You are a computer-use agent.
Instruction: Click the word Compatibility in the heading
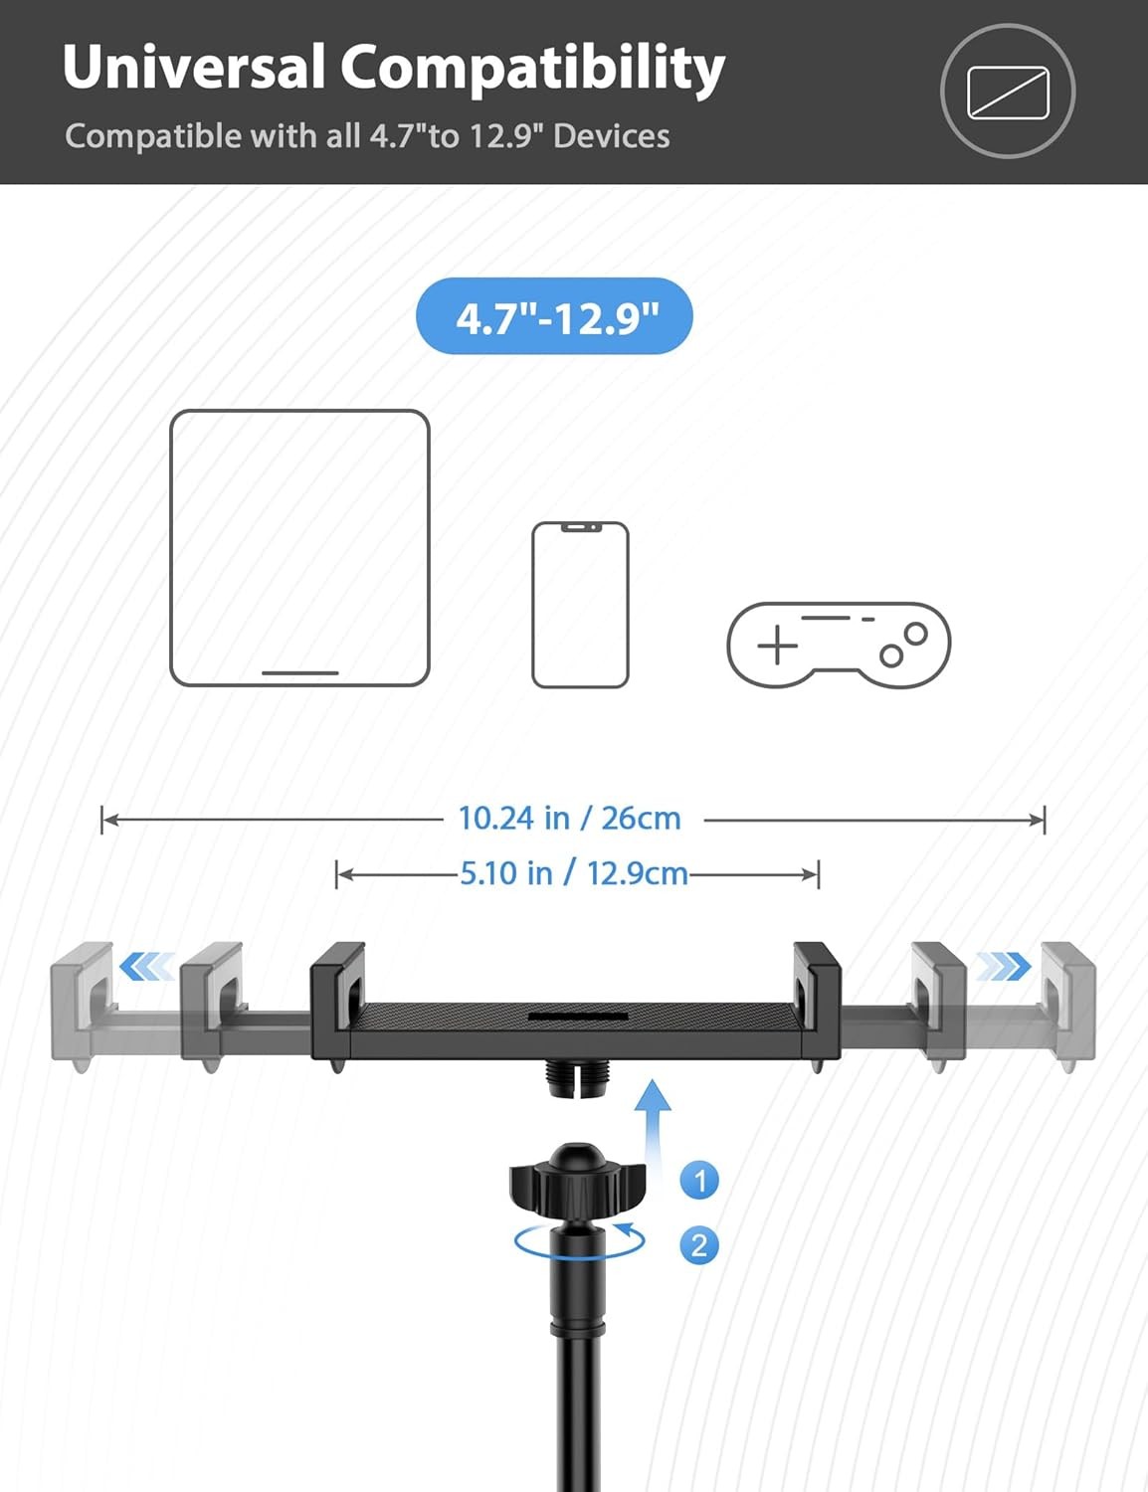coord(533,70)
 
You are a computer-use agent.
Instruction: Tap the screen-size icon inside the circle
coord(1008,93)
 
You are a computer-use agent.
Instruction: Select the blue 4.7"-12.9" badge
coord(555,316)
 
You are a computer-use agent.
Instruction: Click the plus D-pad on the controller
coord(777,646)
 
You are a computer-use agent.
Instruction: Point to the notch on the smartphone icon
coord(581,527)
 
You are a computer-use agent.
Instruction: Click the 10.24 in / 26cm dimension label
coord(569,819)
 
